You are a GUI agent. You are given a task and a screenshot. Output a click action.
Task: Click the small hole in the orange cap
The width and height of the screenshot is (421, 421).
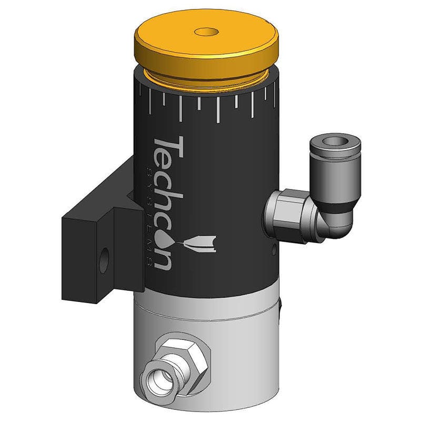point(206,32)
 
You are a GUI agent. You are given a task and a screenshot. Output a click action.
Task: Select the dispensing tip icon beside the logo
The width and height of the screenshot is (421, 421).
point(201,243)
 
